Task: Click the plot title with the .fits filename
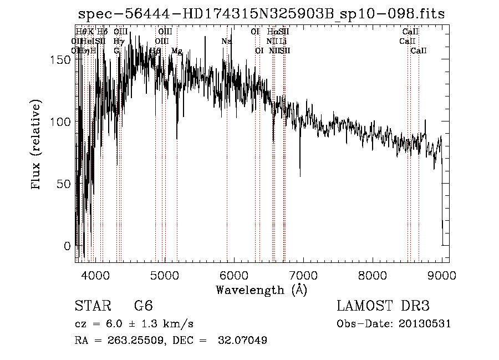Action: pos(261,14)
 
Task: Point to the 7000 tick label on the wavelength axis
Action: pos(303,275)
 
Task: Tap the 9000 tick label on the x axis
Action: pos(442,275)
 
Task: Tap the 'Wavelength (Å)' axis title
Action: pos(261,290)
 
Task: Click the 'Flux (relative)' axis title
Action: pos(37,145)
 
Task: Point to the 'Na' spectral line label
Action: pos(226,42)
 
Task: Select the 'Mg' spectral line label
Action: pos(177,51)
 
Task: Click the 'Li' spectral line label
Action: pos(283,42)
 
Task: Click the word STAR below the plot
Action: pos(92,306)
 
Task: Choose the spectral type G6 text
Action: pos(143,306)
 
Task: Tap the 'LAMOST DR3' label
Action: pos(383,306)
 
